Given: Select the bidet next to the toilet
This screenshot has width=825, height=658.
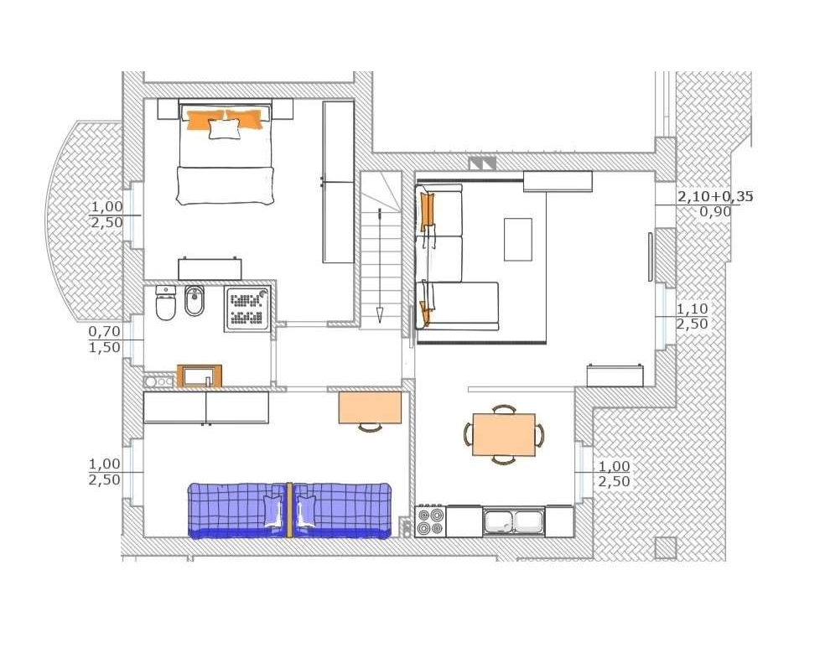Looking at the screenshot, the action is click(x=195, y=301).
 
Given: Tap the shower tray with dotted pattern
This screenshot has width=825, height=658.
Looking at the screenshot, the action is click(x=247, y=308).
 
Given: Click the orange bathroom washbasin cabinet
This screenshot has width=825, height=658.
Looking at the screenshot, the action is click(x=200, y=376).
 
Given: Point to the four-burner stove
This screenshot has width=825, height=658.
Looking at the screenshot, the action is click(x=430, y=521).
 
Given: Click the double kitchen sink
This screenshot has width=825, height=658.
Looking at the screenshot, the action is click(x=513, y=521).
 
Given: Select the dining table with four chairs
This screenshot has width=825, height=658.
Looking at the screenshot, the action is click(x=504, y=434).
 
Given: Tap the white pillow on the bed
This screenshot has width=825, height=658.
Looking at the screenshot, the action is click(x=225, y=129).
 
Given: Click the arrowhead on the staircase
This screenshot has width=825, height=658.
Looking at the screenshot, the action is click(x=379, y=315).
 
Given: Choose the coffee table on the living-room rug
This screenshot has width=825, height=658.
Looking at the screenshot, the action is click(x=518, y=240).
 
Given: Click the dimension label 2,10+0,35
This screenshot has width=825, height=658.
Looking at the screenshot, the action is click(x=714, y=197).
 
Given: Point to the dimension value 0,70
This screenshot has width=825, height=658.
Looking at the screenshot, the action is click(x=104, y=331).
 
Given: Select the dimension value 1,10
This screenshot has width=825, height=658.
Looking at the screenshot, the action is click(x=692, y=308).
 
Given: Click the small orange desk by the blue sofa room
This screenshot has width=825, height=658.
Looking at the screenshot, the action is click(x=370, y=407).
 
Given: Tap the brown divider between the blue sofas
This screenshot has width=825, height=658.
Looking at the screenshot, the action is click(x=289, y=510).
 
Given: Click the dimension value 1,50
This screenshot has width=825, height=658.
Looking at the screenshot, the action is click(x=104, y=347).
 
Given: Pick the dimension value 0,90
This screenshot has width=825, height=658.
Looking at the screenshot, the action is click(x=715, y=212).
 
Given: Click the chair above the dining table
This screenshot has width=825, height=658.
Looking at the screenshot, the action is click(x=504, y=409).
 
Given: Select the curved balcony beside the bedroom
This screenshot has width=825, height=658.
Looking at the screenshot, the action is click(x=84, y=221).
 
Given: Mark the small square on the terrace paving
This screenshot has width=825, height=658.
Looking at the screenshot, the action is click(x=666, y=547).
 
